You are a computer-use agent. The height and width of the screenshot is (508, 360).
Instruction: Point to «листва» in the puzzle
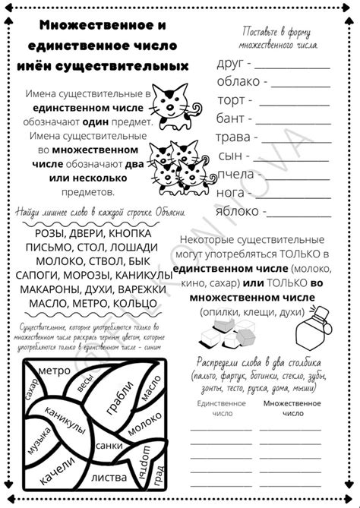click(109, 478)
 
